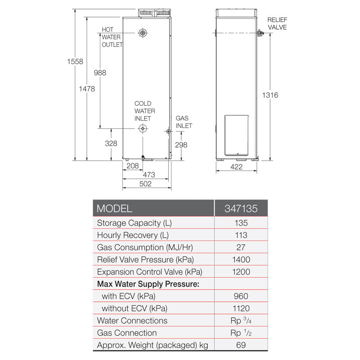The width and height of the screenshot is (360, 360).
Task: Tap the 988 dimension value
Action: [99, 73]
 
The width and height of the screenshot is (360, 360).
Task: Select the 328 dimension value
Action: [111, 144]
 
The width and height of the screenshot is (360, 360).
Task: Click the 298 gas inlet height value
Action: [181, 145]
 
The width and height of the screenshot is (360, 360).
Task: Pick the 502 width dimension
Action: [145, 184]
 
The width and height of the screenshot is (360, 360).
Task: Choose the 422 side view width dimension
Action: [236, 167]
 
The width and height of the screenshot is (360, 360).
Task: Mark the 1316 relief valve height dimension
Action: [270, 95]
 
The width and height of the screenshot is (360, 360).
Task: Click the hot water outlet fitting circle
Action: [143, 33]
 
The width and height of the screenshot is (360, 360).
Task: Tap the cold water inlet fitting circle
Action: [143, 129]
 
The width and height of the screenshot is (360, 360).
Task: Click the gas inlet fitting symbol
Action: [168, 131]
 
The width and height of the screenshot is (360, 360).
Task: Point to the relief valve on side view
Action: [260, 33]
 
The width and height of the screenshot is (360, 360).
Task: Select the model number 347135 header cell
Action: [241, 209]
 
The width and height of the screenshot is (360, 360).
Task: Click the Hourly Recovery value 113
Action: [241, 235]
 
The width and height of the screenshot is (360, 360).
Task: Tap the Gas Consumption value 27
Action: [241, 247]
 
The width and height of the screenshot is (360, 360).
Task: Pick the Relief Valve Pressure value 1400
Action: [241, 260]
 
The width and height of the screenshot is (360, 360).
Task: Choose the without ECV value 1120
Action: [241, 308]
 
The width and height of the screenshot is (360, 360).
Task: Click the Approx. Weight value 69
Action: [241, 345]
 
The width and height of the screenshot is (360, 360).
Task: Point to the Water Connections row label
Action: [132, 320]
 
